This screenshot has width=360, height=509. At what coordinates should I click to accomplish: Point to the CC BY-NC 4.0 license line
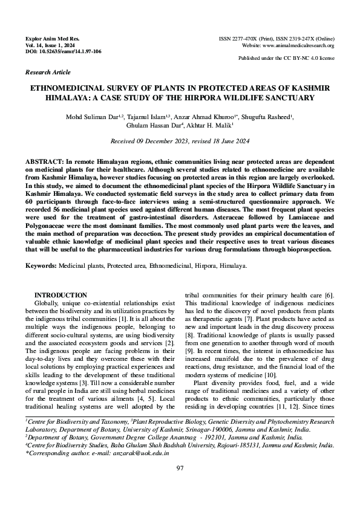(286, 59)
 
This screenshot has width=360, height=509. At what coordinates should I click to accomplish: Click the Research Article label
(47, 71)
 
